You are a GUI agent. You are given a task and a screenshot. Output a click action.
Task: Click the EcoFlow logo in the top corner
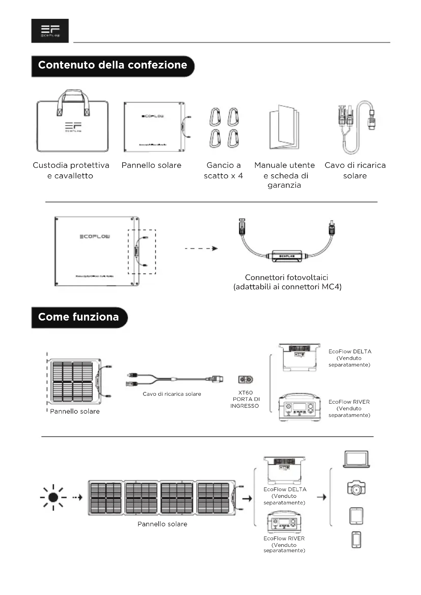[x=50, y=31]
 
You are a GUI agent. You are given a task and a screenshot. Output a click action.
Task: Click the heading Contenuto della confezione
[x=113, y=65]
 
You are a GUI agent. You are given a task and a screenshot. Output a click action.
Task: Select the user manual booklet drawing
[x=284, y=127]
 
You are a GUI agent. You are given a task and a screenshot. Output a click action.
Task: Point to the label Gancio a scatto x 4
[x=223, y=170]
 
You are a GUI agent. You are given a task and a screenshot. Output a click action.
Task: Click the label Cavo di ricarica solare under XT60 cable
[x=172, y=394]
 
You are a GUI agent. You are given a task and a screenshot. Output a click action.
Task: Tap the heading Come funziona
[x=79, y=317]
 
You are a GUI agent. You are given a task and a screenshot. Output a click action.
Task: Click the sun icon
[x=53, y=497]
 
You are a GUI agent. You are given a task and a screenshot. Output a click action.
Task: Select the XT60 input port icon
[x=245, y=380]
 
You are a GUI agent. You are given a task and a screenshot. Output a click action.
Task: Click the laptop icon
[x=356, y=459]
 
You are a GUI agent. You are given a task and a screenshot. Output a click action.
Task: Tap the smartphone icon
[x=356, y=540]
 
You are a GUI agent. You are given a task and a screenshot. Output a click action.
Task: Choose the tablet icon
[x=356, y=516]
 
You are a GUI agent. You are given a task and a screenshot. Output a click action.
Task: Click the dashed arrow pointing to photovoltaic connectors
[x=201, y=249]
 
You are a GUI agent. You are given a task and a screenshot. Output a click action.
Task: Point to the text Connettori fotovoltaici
[x=287, y=278]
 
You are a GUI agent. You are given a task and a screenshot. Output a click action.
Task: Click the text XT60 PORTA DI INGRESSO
[x=245, y=399]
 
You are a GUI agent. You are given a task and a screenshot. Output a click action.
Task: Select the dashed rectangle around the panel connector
[x=142, y=252]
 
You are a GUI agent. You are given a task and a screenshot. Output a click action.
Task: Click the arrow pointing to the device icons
[x=322, y=497]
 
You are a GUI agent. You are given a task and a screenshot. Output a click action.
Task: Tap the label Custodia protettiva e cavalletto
[x=71, y=170]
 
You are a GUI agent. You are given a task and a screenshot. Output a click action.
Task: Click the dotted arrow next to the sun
[x=77, y=497]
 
